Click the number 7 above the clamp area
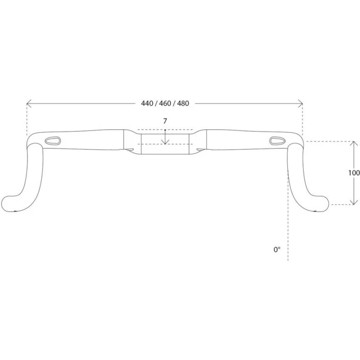[x=166, y=121]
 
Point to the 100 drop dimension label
[x=354, y=173]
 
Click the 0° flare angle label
[x=277, y=250]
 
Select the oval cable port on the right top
[x=276, y=140]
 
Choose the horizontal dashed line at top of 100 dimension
[x=329, y=142]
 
